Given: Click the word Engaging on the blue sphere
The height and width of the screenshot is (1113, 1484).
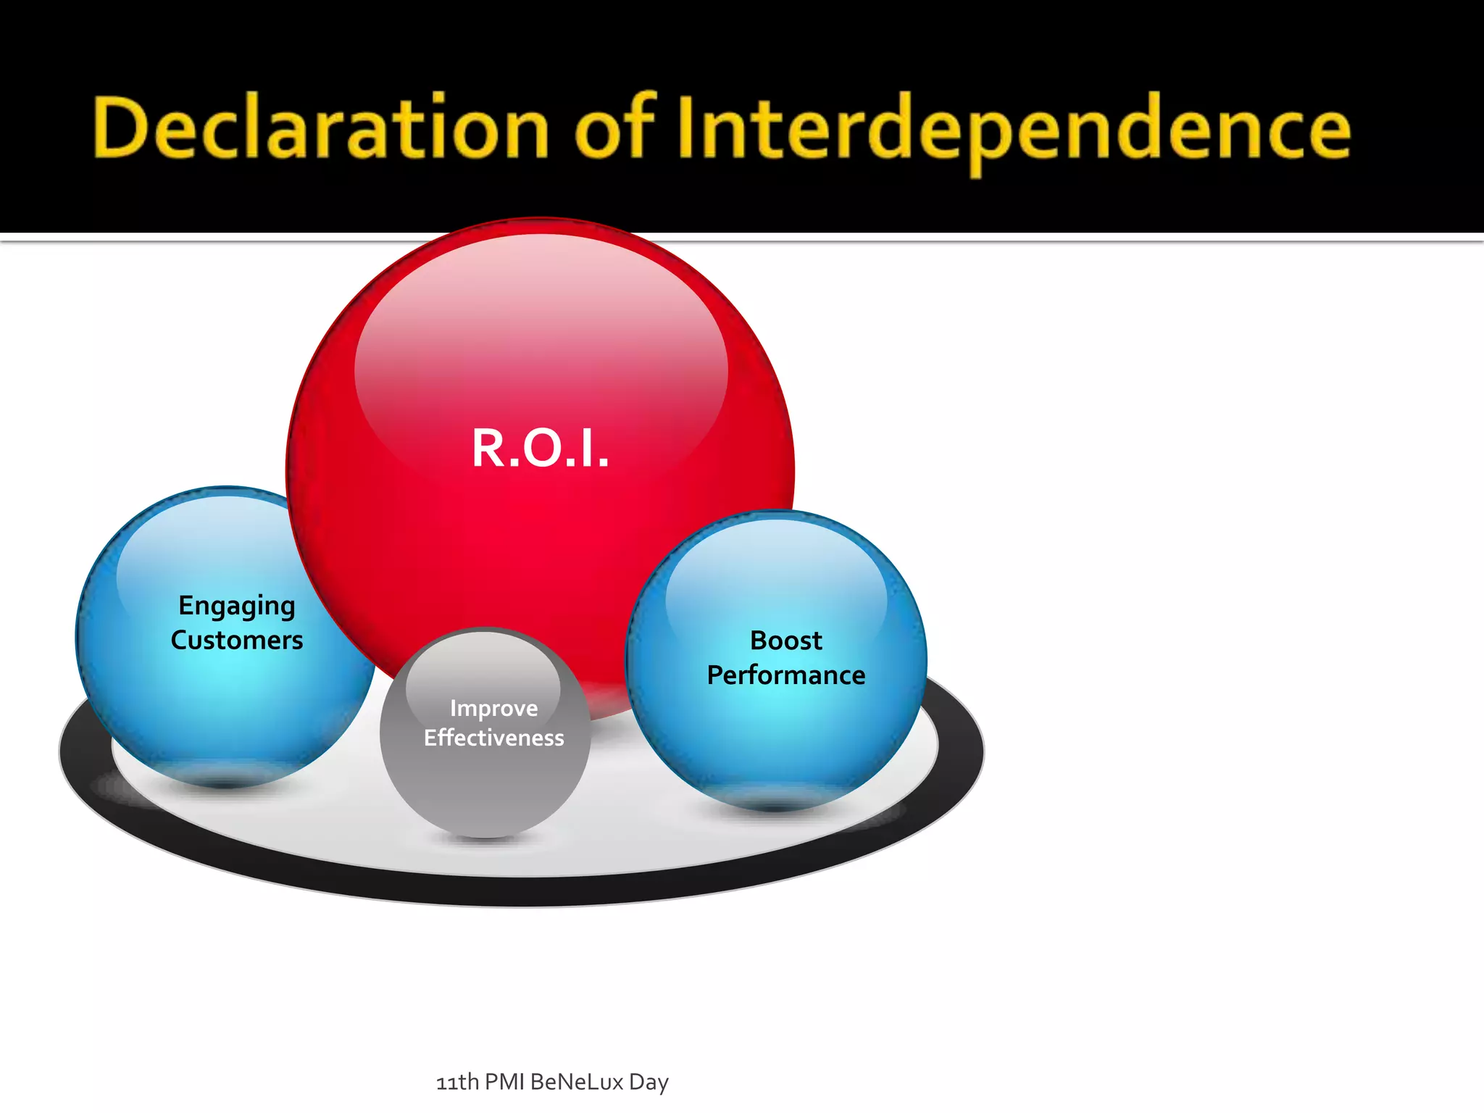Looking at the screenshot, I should click(237, 606).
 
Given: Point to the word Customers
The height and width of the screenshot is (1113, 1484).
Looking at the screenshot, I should click(237, 640).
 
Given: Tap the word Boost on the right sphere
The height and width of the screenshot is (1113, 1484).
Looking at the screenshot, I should click(785, 641).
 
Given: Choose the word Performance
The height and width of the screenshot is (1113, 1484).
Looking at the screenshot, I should click(786, 675).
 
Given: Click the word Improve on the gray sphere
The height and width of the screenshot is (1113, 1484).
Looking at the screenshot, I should click(493, 708).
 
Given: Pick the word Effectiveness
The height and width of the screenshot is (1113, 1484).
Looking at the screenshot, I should click(493, 738).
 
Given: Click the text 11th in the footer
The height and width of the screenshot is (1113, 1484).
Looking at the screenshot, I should click(457, 1082).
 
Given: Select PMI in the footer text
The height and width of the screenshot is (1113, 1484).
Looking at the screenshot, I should click(504, 1082).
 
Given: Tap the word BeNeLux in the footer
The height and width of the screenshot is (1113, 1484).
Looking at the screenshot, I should click(577, 1082).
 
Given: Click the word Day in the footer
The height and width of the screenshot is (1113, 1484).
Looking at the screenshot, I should click(649, 1082).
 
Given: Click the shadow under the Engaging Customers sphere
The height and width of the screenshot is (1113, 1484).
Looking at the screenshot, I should click(225, 783).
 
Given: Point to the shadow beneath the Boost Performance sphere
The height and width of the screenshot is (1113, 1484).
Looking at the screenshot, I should click(775, 806).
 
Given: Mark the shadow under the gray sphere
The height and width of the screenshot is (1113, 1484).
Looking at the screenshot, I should click(484, 838).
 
